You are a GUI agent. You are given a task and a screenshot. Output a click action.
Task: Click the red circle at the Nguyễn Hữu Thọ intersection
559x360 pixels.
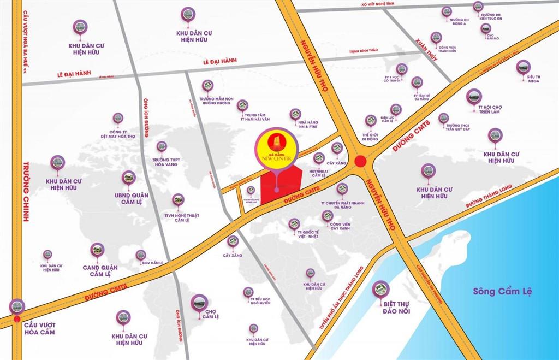pos(360,161)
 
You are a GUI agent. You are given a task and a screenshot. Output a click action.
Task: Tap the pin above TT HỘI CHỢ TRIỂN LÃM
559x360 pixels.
pos(474,97)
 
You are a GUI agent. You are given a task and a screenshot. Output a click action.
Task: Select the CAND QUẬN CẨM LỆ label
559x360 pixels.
pos(97,270)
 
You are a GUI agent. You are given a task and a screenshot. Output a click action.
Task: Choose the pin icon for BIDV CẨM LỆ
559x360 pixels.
pos(141,255)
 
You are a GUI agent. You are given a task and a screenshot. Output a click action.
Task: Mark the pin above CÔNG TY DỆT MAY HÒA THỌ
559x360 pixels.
pos(118,118)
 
